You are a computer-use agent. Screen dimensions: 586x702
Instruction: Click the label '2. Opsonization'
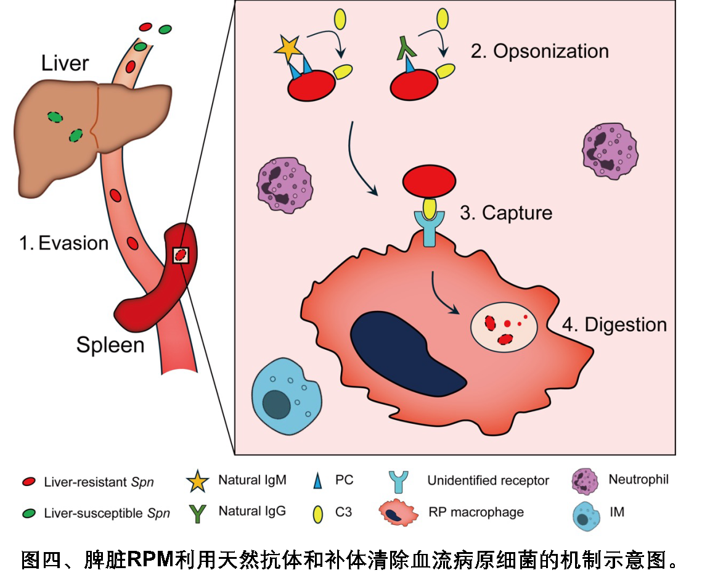point(540,51)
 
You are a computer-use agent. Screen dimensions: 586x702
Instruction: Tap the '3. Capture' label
point(506,213)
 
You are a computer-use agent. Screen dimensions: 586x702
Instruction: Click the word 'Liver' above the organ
point(65,63)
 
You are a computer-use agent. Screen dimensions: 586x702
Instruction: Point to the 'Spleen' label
point(110,344)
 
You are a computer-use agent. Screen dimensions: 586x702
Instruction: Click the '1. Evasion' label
point(63,243)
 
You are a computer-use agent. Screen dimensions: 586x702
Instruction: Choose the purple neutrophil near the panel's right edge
point(610,150)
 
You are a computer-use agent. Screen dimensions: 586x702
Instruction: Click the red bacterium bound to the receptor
point(429,181)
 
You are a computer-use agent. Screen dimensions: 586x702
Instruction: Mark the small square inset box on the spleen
point(180,255)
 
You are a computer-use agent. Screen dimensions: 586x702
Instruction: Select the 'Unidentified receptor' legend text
point(488,481)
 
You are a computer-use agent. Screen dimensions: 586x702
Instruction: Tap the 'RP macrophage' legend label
point(476,511)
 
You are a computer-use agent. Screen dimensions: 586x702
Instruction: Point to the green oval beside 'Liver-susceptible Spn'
point(28,512)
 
